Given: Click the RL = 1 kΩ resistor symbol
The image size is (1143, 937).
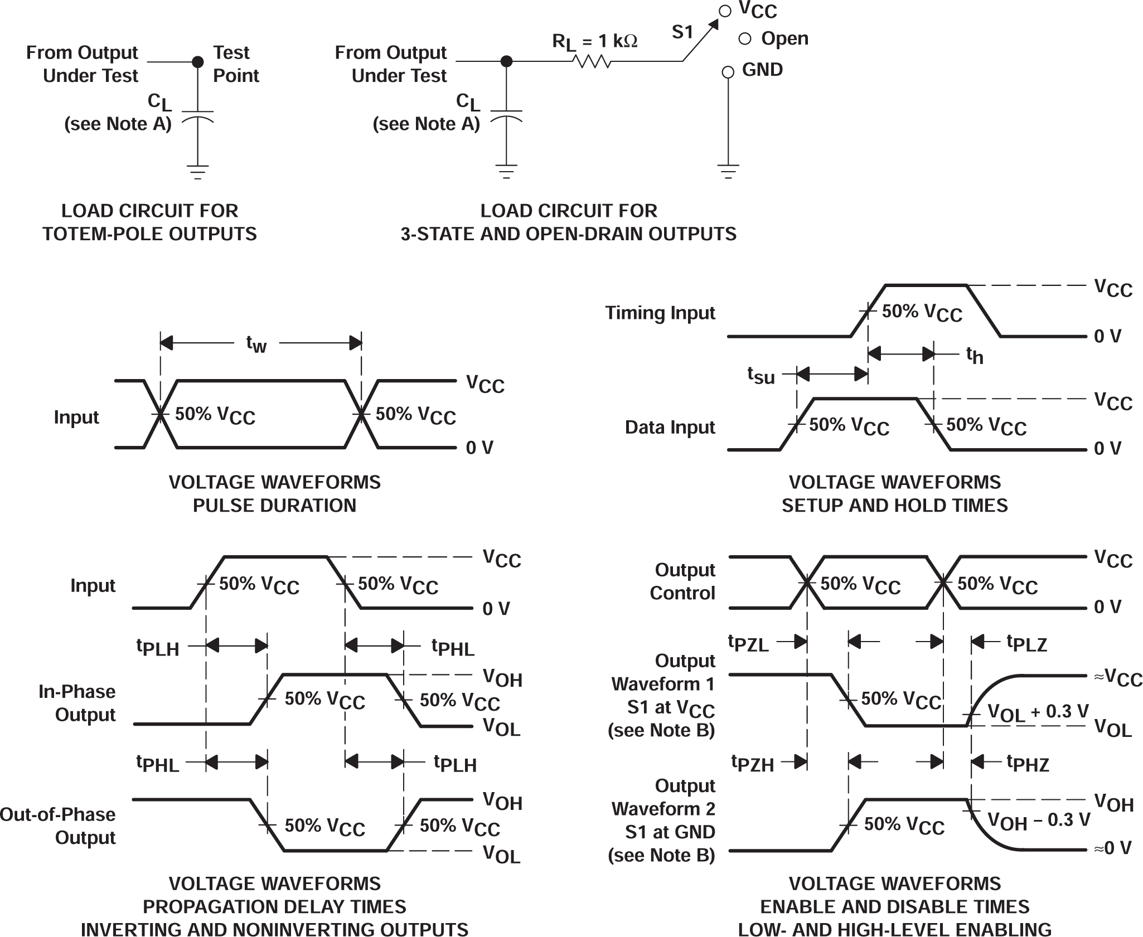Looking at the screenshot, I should [592, 61].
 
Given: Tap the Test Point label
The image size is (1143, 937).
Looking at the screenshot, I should [235, 64].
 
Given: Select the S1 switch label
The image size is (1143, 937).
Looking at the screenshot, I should [682, 32].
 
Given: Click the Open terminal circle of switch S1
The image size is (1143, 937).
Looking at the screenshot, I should [744, 39].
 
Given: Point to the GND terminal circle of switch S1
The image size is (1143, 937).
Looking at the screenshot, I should [727, 72].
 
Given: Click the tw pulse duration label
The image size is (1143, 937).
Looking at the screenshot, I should [256, 344].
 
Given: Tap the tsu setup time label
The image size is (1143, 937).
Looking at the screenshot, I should [761, 375].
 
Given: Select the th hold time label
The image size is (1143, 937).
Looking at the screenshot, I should [974, 355].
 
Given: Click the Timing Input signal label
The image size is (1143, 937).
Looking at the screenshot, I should [660, 313].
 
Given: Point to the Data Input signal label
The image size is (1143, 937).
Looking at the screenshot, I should [670, 427].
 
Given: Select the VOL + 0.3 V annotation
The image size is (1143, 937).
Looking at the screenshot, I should [1038, 712].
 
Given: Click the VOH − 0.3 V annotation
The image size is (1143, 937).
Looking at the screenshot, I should [1038, 821].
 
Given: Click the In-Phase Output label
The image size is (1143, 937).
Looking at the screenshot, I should [77, 703].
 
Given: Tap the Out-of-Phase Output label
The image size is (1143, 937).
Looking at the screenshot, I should [57, 826].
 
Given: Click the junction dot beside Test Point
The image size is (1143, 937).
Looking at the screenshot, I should [197, 62].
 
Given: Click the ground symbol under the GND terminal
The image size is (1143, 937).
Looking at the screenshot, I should [728, 171].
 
